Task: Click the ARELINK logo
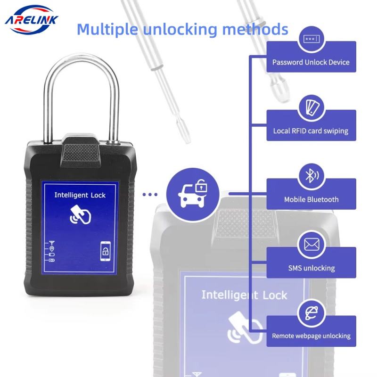click(x=31, y=20)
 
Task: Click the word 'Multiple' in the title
click(x=107, y=30)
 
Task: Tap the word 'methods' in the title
click(x=255, y=29)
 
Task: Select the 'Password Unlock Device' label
click(x=311, y=62)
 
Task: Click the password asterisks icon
click(x=311, y=39)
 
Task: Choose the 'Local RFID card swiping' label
click(x=311, y=131)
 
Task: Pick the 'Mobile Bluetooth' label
click(x=311, y=199)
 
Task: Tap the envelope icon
click(x=311, y=245)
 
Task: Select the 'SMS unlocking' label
click(x=311, y=268)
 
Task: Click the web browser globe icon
click(x=311, y=313)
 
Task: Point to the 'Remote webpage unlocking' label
click(x=311, y=336)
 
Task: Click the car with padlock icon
click(x=193, y=194)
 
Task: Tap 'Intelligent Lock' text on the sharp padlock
click(x=80, y=195)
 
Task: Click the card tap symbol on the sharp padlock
click(x=80, y=215)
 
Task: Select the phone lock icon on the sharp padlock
click(x=105, y=251)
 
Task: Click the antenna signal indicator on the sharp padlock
click(x=51, y=243)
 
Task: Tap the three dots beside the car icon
click(x=150, y=194)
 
